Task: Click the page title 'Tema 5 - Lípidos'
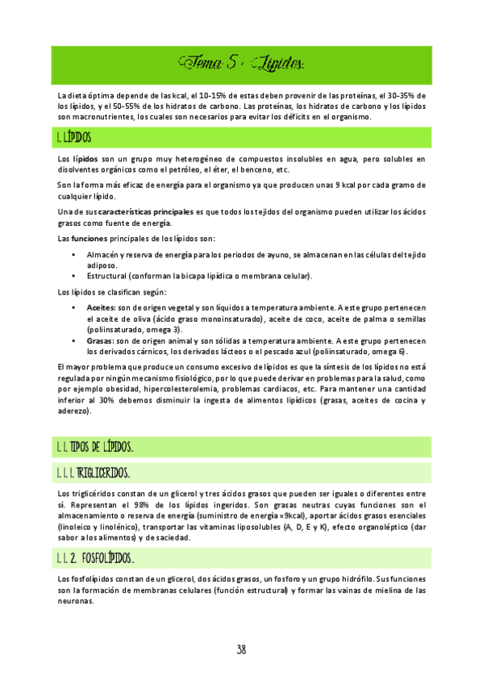(241, 62)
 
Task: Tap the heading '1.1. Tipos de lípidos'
(95, 446)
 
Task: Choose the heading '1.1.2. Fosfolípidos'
(96, 558)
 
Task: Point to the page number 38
(241, 649)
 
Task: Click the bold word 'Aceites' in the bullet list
(102, 308)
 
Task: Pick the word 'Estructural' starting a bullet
(109, 276)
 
